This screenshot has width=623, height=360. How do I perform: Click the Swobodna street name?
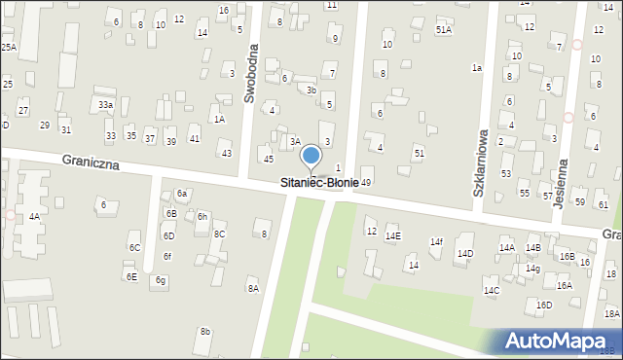[x=250, y=73]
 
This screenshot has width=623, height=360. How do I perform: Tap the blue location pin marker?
[x=311, y=156]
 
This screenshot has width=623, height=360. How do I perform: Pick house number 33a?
[x=105, y=104]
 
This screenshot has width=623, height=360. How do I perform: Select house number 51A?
[x=444, y=30]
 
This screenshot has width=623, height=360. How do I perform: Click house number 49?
[x=366, y=182]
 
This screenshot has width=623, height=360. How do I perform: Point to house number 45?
[x=268, y=159]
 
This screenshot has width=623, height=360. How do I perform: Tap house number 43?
[x=227, y=154]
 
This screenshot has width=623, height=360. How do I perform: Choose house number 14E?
[x=392, y=236]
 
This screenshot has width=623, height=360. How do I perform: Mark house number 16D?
[x=543, y=305]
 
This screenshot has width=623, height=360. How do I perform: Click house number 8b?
[x=204, y=332]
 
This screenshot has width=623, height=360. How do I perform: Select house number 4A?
[x=34, y=216]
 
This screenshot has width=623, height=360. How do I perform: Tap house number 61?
[x=604, y=204]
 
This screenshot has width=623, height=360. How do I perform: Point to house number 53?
[x=506, y=173]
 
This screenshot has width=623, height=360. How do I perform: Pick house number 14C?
[x=492, y=290]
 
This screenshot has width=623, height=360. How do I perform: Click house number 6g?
[x=162, y=280]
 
